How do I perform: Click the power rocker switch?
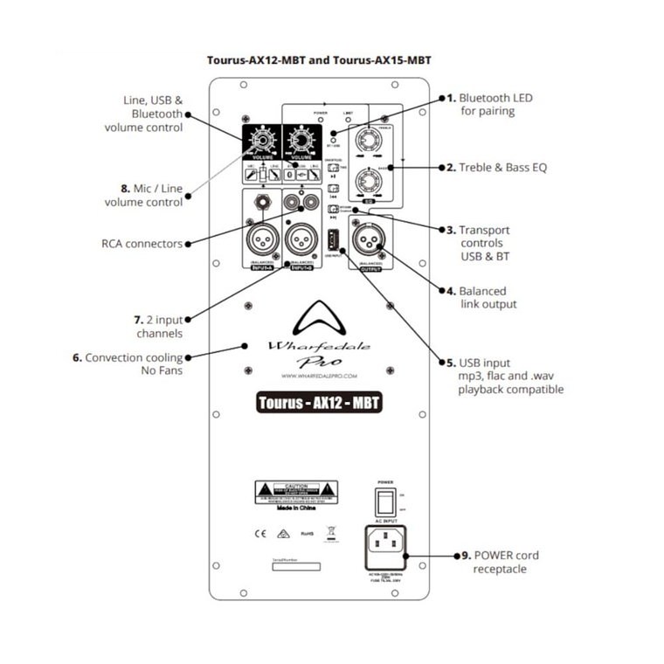[x=385, y=500]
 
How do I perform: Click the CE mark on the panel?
[x=259, y=531]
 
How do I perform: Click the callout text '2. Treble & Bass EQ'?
[x=502, y=167]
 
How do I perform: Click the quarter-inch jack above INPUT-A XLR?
[x=259, y=206]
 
